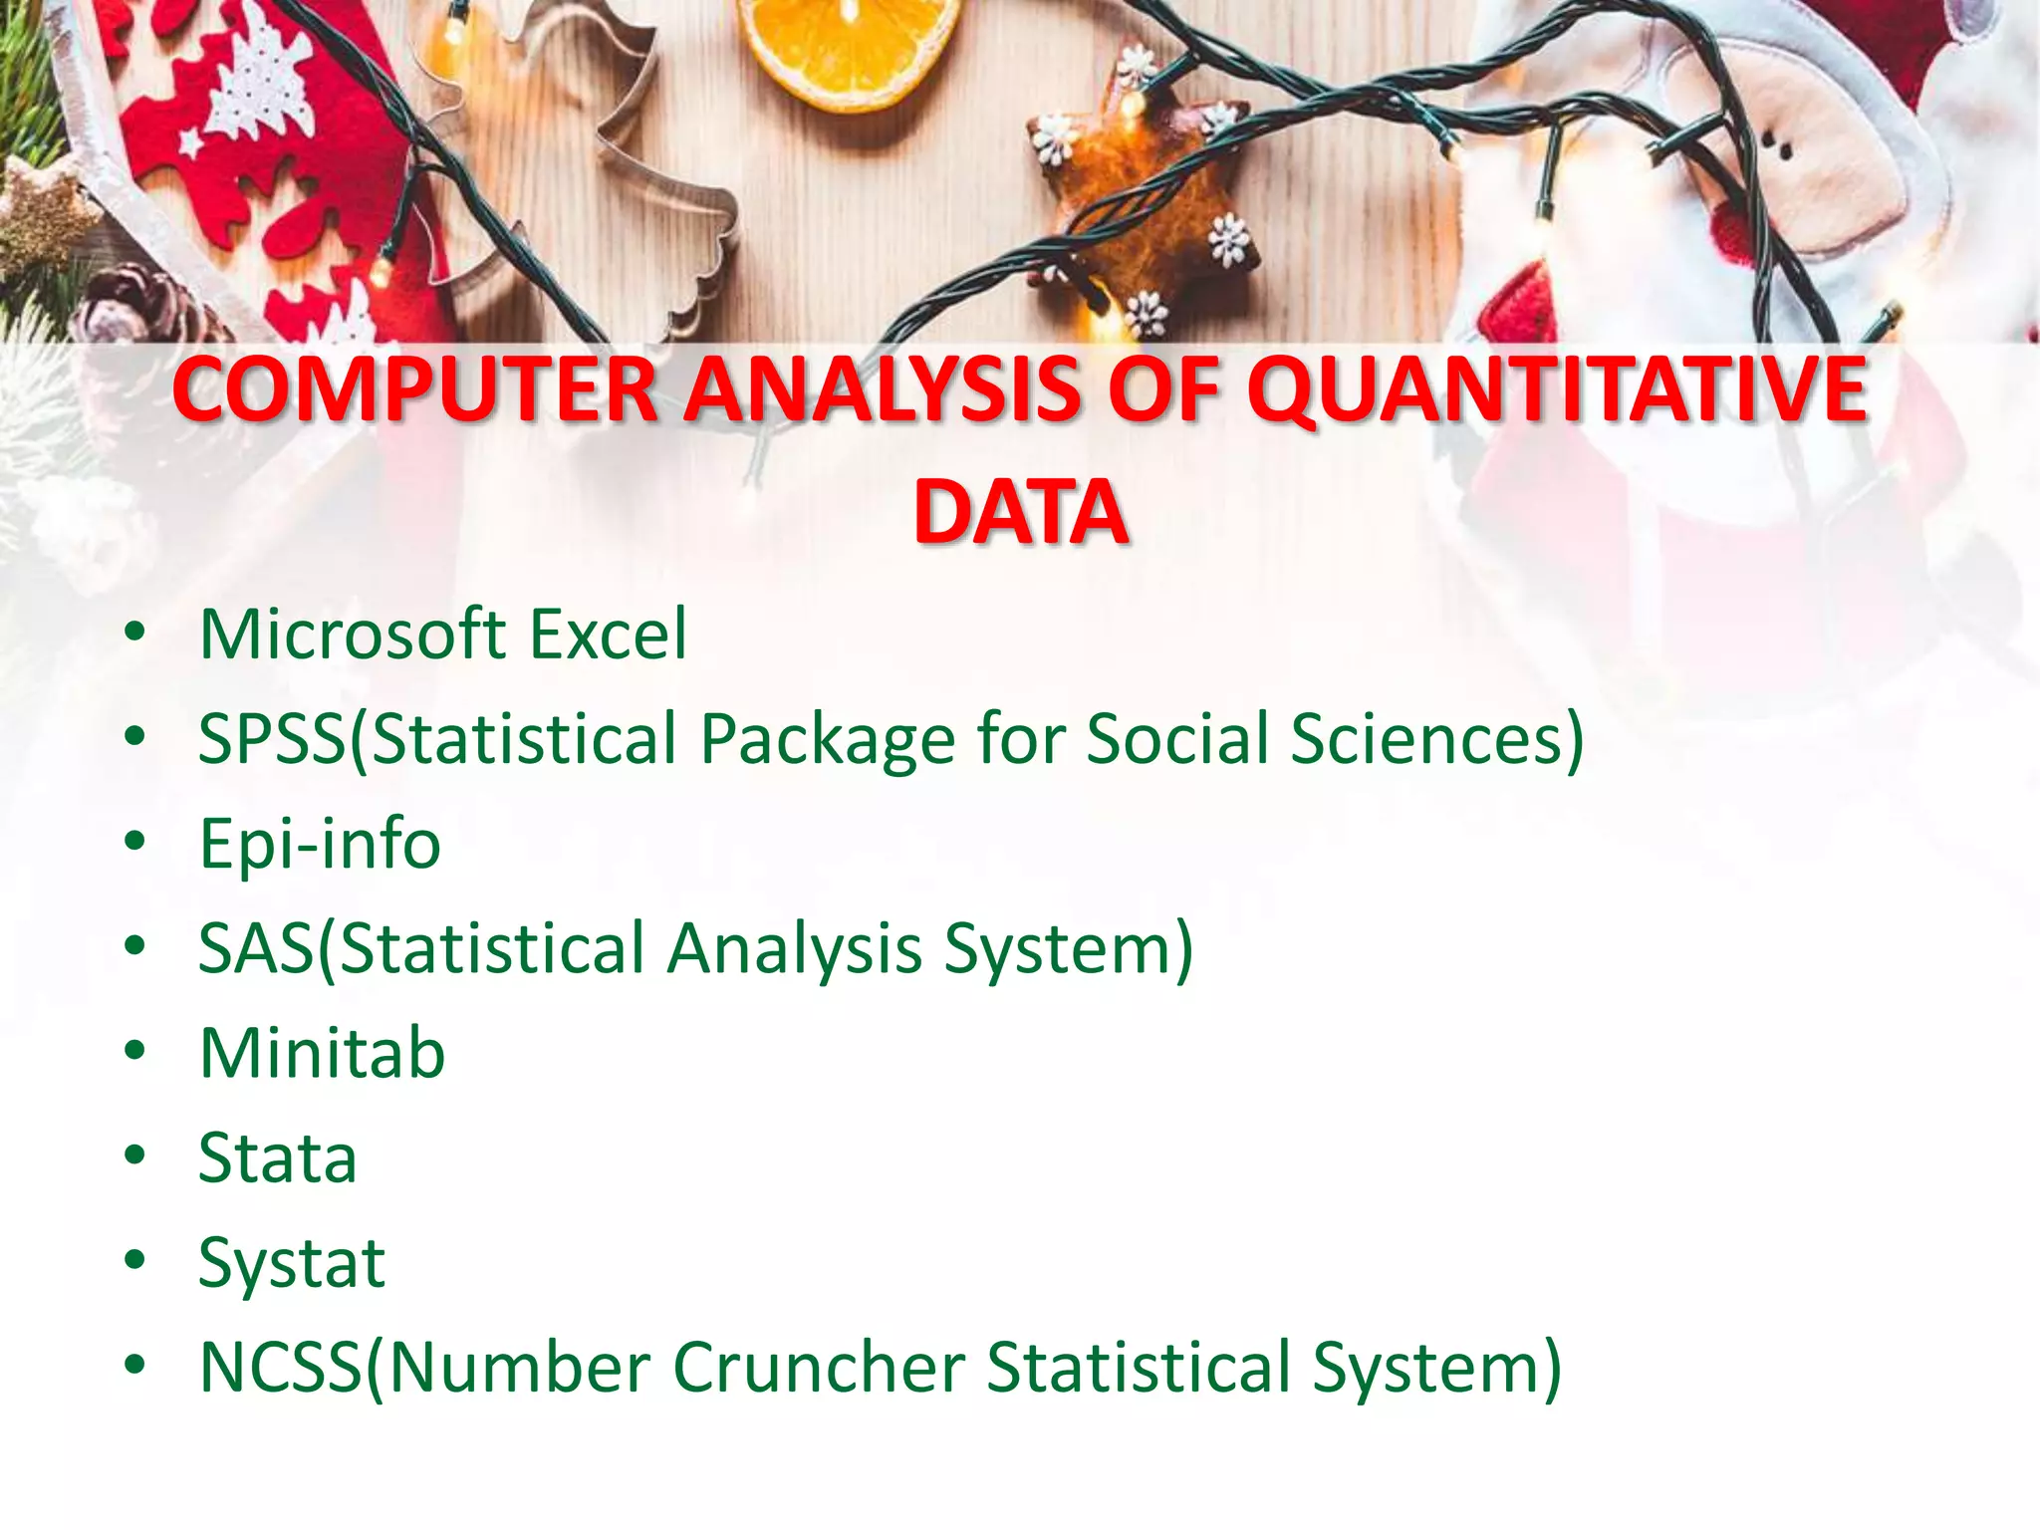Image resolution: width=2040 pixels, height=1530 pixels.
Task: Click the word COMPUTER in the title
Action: [x=413, y=390]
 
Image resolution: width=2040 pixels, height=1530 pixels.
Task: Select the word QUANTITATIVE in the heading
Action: [x=1557, y=390]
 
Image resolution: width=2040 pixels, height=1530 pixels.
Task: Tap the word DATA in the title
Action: [x=1020, y=513]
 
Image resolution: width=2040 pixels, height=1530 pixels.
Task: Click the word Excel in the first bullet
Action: [x=608, y=635]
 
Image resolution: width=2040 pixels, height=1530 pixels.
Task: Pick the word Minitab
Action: [x=322, y=1053]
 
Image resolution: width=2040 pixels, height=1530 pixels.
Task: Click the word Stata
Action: [x=277, y=1158]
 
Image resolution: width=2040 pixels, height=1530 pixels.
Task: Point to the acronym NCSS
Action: [x=281, y=1368]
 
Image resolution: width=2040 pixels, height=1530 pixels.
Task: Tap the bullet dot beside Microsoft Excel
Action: [x=135, y=633]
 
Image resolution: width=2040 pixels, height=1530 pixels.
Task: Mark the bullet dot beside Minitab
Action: [x=135, y=1052]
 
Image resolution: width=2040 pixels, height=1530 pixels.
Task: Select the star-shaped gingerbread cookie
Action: [x=1136, y=189]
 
